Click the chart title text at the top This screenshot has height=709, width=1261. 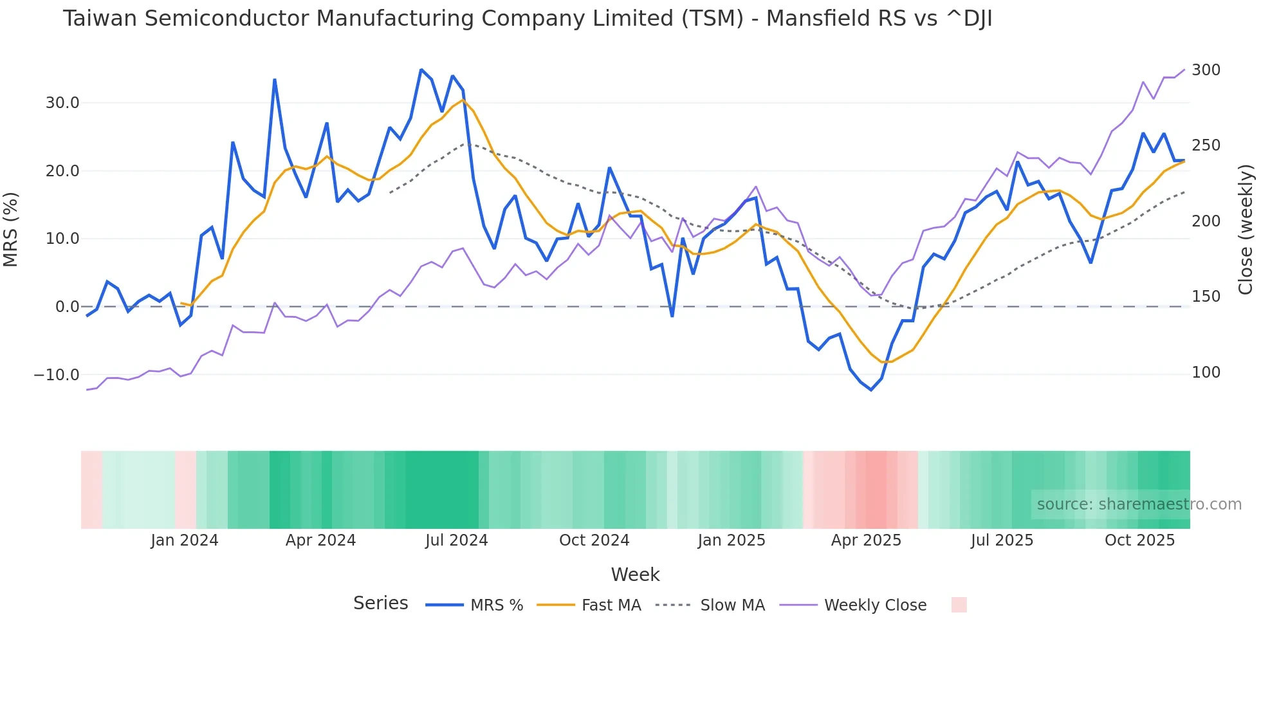pyautogui.click(x=527, y=19)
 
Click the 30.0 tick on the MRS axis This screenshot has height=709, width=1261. pyautogui.click(x=62, y=103)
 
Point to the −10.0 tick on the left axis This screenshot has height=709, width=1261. pyautogui.click(x=57, y=374)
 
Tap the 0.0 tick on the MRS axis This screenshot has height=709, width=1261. pyautogui.click(x=67, y=307)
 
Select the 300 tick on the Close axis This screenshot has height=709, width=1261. pyautogui.click(x=1206, y=70)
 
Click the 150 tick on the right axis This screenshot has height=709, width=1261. pyautogui.click(x=1206, y=297)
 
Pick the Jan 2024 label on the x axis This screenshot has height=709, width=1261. pyautogui.click(x=185, y=540)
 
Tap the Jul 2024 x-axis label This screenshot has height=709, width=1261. pyautogui.click(x=456, y=540)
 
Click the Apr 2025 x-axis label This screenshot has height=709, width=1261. pyautogui.click(x=866, y=540)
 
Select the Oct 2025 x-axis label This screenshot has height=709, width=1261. pyautogui.click(x=1139, y=540)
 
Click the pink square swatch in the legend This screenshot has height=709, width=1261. pyautogui.click(x=959, y=605)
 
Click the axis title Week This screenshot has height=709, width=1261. pyautogui.click(x=635, y=575)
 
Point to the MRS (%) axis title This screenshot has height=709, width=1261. pyautogui.click(x=11, y=229)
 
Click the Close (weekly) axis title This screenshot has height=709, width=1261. pyautogui.click(x=1246, y=229)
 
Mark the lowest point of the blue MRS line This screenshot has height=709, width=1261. pyautogui.click(x=871, y=390)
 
